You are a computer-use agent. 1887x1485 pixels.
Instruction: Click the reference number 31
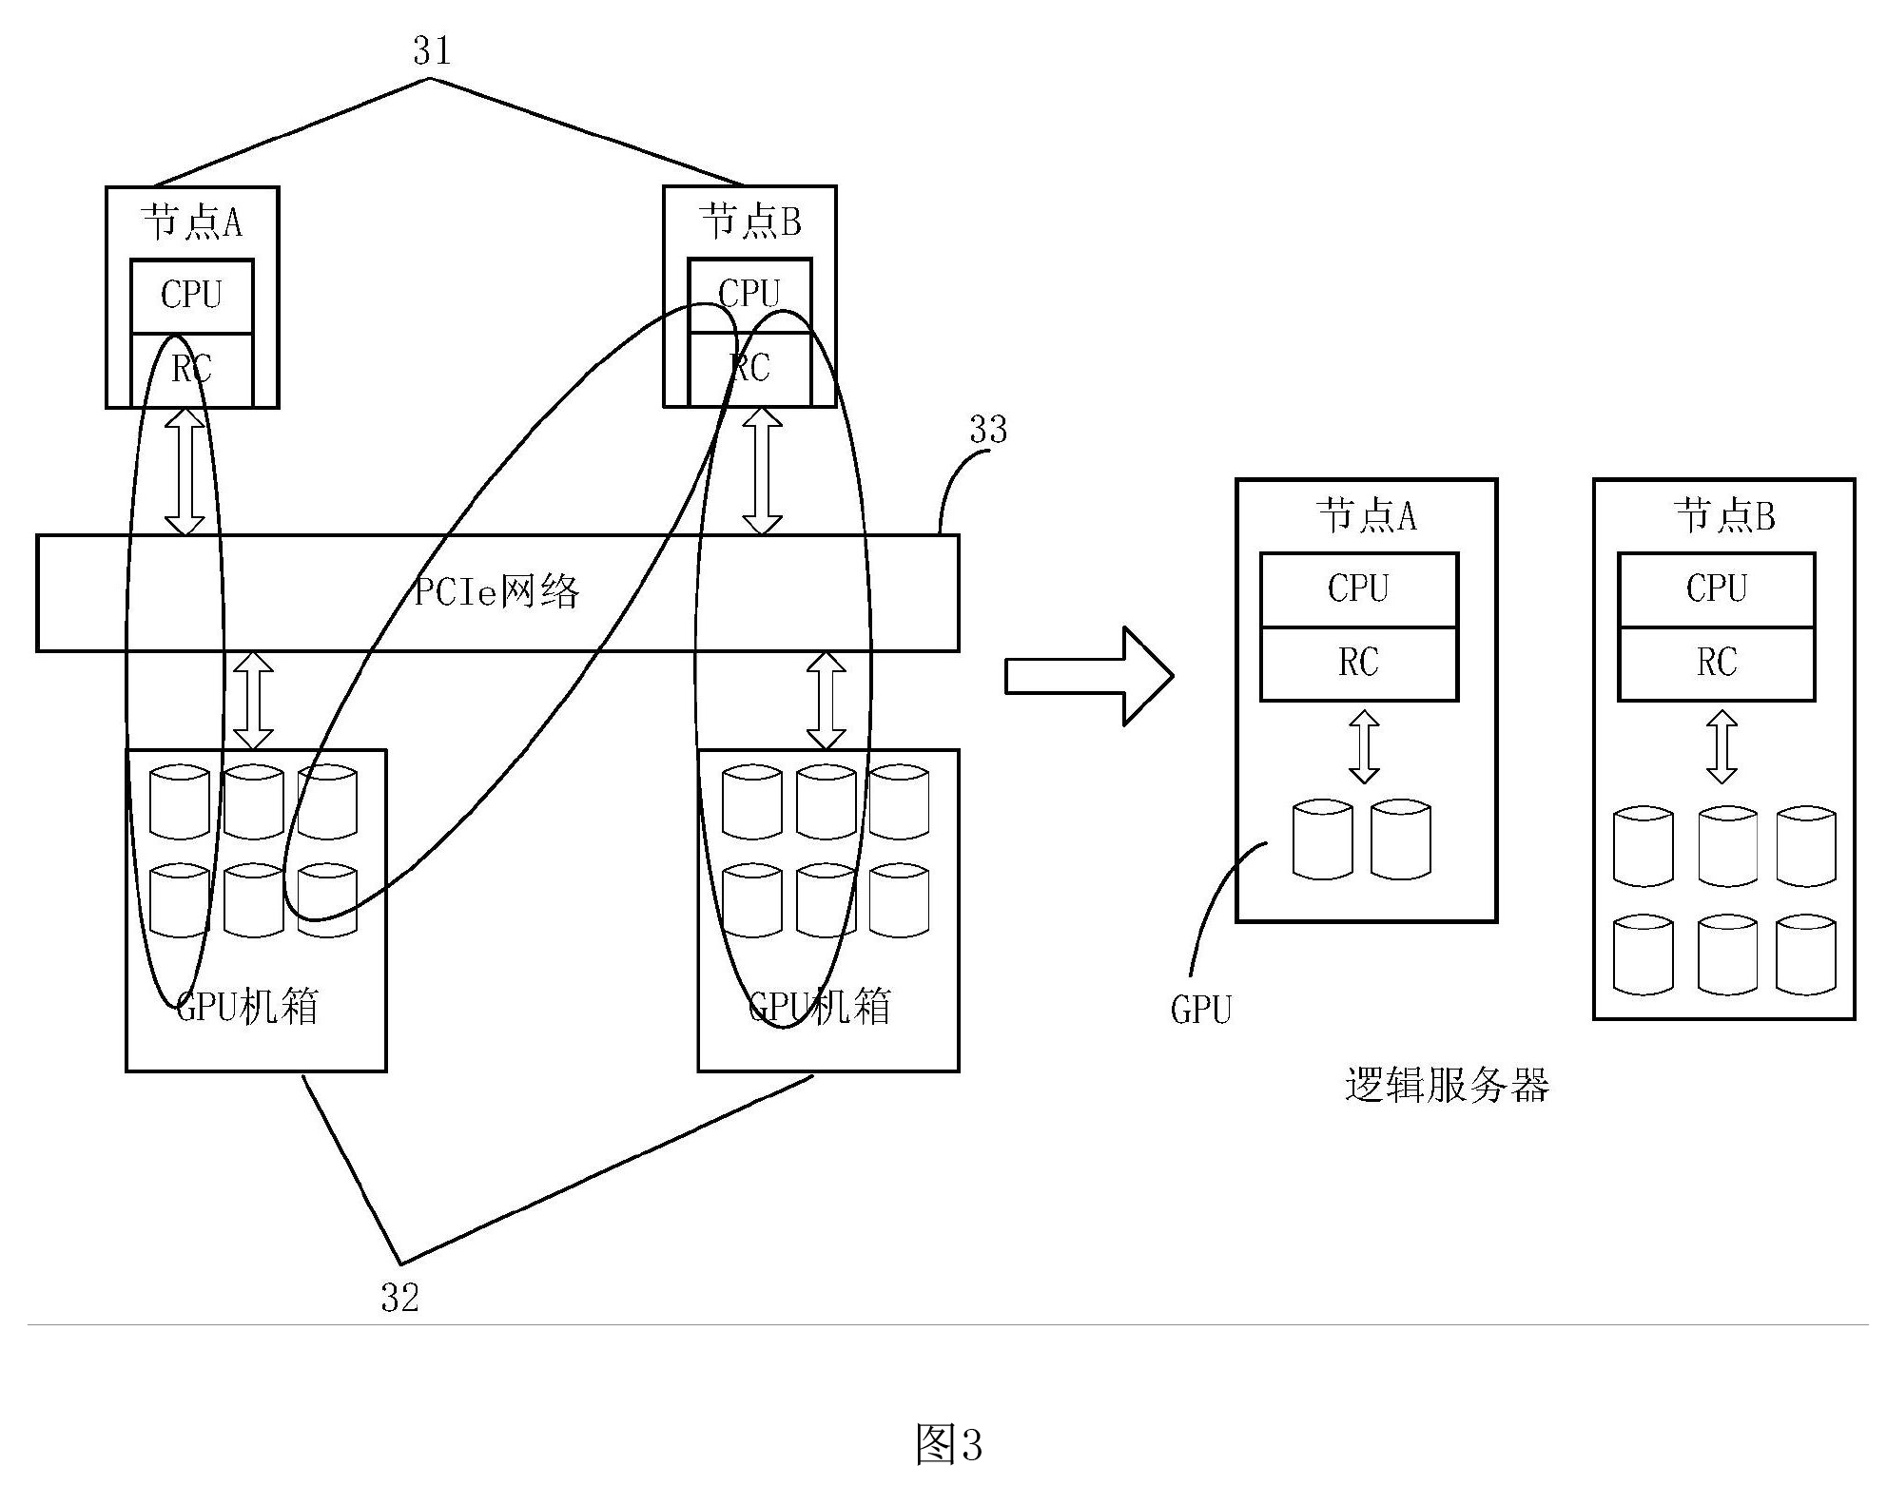pyautogui.click(x=431, y=49)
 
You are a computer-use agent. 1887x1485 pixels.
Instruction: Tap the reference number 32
pyautogui.click(x=399, y=1298)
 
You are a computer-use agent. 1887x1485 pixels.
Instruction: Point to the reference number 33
pyautogui.click(x=988, y=430)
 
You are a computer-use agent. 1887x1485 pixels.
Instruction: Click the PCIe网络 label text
pyautogui.click(x=496, y=592)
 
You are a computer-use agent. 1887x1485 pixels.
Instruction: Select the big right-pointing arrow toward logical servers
pyautogui.click(x=1089, y=676)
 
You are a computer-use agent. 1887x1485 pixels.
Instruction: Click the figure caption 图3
pyautogui.click(x=947, y=1443)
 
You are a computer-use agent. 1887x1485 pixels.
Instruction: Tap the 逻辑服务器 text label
pyautogui.click(x=1447, y=1085)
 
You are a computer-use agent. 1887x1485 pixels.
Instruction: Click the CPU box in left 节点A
pyautogui.click(x=191, y=296)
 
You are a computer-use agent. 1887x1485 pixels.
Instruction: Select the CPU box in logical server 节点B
pyautogui.click(x=1717, y=588)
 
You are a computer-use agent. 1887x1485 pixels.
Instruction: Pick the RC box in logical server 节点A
pyautogui.click(x=1358, y=663)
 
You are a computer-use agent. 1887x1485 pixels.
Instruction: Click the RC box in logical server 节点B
pyautogui.click(x=1717, y=663)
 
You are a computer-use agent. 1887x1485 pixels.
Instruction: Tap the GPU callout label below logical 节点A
pyautogui.click(x=1200, y=1010)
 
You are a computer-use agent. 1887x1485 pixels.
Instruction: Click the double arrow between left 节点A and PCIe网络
pyautogui.click(x=185, y=472)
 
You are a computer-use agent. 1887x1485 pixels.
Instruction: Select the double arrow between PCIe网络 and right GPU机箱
pyautogui.click(x=826, y=701)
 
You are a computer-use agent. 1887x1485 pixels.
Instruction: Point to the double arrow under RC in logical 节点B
pyautogui.click(x=1722, y=747)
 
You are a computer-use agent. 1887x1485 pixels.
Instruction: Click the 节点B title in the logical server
pyautogui.click(x=1724, y=516)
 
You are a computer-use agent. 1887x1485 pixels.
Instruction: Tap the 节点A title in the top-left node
pyautogui.click(x=191, y=223)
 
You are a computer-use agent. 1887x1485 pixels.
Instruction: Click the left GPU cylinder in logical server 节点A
pyautogui.click(x=1322, y=840)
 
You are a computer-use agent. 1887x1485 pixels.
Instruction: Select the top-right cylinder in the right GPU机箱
pyautogui.click(x=899, y=802)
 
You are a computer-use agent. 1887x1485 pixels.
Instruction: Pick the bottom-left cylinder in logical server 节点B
pyautogui.click(x=1644, y=954)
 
